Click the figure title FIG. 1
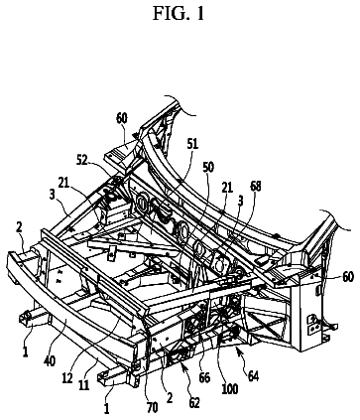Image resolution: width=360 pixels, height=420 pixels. point(179,14)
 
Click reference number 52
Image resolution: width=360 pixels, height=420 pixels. point(81,161)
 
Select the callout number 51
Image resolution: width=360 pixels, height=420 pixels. point(192,144)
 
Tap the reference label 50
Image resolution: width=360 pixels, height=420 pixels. point(208,168)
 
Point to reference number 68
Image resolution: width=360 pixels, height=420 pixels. point(255,187)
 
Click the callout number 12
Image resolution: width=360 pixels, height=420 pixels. point(67,378)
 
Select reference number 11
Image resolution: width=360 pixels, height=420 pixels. point(84,384)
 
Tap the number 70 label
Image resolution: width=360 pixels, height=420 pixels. point(152,408)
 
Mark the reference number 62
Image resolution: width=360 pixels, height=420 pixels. point(194,403)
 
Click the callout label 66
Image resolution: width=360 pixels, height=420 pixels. point(204,377)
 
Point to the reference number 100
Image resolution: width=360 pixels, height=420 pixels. point(230,389)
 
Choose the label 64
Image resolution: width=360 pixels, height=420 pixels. point(253,376)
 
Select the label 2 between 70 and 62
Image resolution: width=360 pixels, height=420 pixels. point(170,397)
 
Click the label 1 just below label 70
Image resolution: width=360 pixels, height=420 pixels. point(106,409)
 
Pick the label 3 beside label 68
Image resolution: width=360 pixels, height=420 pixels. point(241,201)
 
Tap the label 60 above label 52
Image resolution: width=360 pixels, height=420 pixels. point(122,118)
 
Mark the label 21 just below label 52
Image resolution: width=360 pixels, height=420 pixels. point(64,183)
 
